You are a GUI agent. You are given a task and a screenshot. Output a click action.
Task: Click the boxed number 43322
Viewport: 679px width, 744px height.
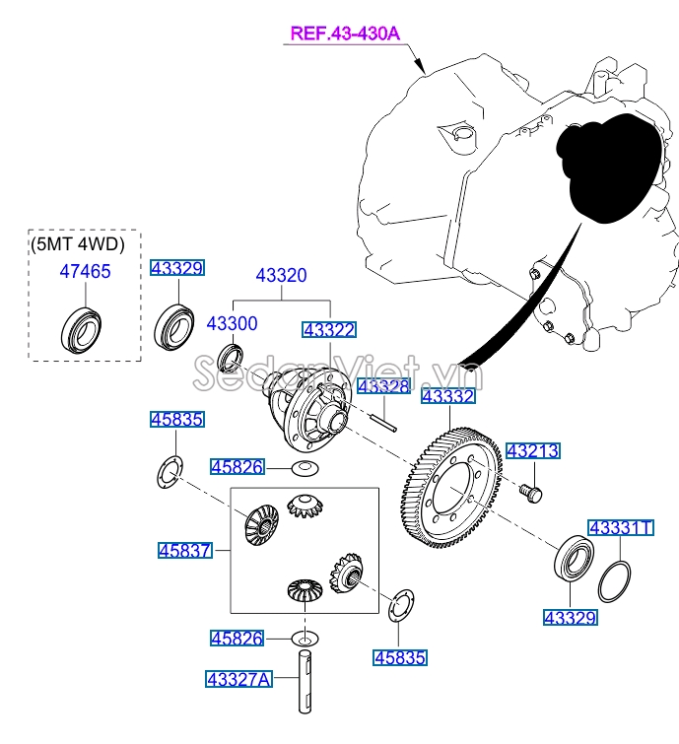click(329, 330)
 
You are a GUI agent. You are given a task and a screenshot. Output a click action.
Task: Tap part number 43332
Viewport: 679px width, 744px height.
click(448, 397)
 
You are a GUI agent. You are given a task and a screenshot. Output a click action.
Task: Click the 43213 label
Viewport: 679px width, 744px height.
click(532, 451)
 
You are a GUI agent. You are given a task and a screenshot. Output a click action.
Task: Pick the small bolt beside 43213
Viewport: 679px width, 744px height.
click(530, 490)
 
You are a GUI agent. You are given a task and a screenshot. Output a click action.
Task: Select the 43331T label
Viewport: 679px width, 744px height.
click(621, 527)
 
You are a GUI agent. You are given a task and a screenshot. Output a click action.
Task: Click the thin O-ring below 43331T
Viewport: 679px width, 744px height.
click(617, 579)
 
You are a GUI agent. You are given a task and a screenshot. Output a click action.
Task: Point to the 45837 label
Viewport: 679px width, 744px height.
click(184, 550)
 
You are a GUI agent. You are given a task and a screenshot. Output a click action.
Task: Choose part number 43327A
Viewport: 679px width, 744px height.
click(238, 678)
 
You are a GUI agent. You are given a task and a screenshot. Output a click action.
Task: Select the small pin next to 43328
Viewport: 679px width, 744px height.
click(382, 416)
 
